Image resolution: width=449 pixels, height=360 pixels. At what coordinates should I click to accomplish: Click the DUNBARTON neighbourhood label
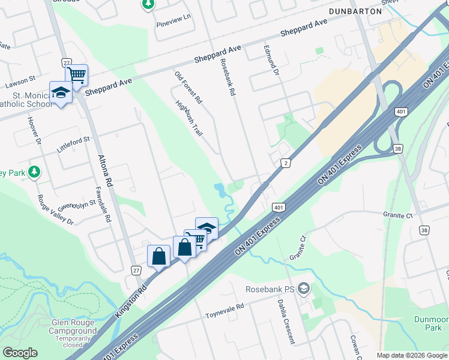355,11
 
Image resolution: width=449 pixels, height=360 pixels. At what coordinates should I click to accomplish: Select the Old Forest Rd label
188,87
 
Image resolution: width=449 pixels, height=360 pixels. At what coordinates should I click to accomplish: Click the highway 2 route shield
286,163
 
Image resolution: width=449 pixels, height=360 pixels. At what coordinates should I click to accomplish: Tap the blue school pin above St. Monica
60,92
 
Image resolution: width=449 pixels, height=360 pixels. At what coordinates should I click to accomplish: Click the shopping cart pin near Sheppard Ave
77,75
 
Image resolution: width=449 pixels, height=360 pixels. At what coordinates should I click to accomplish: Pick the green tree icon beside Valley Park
35,173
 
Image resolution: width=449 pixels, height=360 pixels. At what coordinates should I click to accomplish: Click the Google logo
20,353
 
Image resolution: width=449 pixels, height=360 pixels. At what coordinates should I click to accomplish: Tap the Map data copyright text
411,355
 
